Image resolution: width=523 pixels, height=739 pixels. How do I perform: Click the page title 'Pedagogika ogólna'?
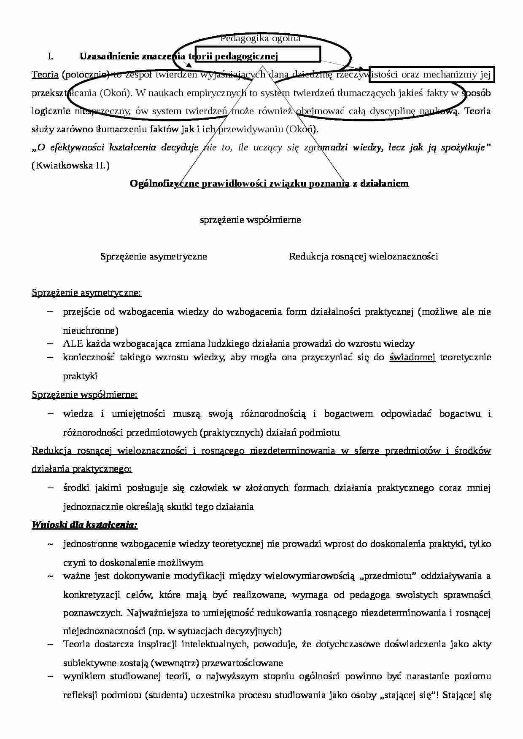coord(260,38)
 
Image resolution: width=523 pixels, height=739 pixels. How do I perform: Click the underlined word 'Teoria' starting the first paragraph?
coord(45,75)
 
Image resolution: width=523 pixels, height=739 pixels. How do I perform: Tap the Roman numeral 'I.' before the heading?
coord(50,56)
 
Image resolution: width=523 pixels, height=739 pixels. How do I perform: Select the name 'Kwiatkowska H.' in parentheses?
coord(70,166)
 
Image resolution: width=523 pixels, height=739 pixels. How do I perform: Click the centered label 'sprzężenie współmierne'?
coord(250,220)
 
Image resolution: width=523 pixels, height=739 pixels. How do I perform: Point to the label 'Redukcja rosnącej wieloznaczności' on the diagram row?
coord(363,256)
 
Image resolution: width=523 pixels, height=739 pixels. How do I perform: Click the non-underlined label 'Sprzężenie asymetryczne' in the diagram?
coord(154,256)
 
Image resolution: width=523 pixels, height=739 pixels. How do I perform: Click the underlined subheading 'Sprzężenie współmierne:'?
coord(84,394)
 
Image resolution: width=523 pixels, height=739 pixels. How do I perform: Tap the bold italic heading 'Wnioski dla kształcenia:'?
coord(84,525)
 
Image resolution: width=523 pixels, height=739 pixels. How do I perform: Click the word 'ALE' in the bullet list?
coord(72,343)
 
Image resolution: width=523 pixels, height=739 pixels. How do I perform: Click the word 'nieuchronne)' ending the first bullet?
coord(91,330)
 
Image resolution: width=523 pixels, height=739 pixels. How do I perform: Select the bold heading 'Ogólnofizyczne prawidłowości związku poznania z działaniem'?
coord(269,183)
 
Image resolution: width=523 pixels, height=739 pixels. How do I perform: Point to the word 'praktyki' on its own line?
coord(80,376)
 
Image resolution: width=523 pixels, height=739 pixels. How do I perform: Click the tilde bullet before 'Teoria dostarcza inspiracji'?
coord(50,644)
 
